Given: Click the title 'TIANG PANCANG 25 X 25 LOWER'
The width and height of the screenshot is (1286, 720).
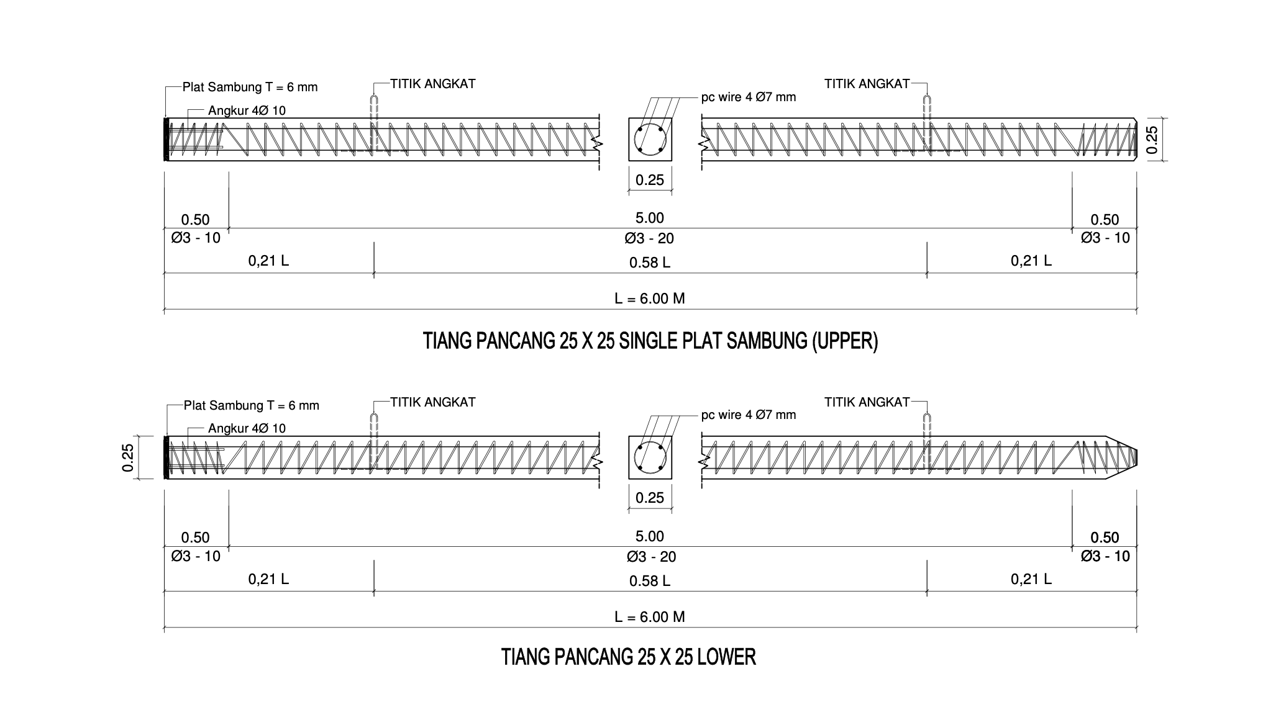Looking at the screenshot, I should (x=628, y=657).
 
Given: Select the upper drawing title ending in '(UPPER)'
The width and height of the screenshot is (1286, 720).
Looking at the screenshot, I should (x=650, y=341).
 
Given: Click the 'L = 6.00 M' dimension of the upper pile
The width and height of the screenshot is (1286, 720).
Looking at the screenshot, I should (x=650, y=299).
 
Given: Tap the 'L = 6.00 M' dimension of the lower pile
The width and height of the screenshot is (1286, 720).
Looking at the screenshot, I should (x=650, y=617).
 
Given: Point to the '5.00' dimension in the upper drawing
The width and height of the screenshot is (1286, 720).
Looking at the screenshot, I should (x=650, y=218).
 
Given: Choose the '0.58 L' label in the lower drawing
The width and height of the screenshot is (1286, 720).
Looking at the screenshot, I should (x=650, y=581).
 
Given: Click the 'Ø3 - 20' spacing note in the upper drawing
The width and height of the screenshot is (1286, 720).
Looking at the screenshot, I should (x=650, y=238).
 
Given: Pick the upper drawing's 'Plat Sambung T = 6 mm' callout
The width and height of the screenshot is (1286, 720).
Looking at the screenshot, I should (x=250, y=88).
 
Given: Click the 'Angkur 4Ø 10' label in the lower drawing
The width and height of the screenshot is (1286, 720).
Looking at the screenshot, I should (x=247, y=429).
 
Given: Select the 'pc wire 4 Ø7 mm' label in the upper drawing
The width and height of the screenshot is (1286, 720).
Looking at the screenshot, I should (x=748, y=97).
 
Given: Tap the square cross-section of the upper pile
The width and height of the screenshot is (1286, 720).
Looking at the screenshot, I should (x=650, y=140).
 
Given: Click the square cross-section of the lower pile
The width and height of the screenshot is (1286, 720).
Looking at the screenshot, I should (x=650, y=458).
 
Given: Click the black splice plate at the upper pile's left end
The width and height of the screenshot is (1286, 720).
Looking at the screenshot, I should (x=166, y=140).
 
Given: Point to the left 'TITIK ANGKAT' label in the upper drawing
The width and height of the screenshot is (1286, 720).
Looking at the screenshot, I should (x=432, y=84).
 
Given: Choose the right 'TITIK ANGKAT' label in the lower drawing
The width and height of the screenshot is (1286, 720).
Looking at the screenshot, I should (x=867, y=402).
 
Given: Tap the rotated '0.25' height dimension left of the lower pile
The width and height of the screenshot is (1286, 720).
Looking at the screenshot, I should (x=128, y=458).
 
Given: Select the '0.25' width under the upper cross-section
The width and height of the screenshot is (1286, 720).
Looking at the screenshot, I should (x=650, y=181).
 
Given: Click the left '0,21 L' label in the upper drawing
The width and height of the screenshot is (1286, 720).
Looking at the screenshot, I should (x=268, y=261).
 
